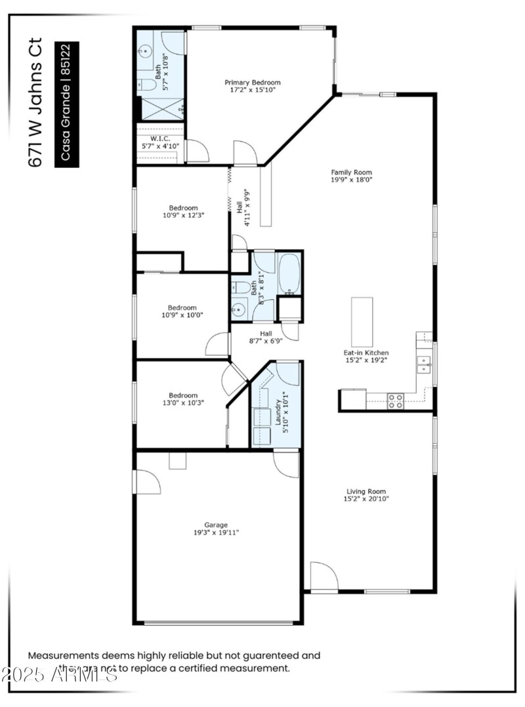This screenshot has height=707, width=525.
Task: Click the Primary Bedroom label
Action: (253, 83)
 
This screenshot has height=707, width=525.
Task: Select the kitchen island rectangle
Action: (362, 321)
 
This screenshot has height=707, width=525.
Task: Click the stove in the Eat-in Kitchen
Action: (395, 401)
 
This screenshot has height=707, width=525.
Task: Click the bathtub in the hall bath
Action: (289, 273)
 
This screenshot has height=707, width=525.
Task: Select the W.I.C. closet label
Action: (160, 138)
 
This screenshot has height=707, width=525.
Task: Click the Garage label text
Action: (216, 525)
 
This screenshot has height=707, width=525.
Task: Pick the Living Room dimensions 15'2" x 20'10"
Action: (366, 499)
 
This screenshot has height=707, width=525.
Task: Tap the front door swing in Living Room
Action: (324, 576)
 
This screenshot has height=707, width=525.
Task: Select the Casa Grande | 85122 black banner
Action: (66, 104)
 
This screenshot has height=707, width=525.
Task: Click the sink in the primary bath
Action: (145, 51)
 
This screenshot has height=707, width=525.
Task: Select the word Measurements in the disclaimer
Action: (64, 655)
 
